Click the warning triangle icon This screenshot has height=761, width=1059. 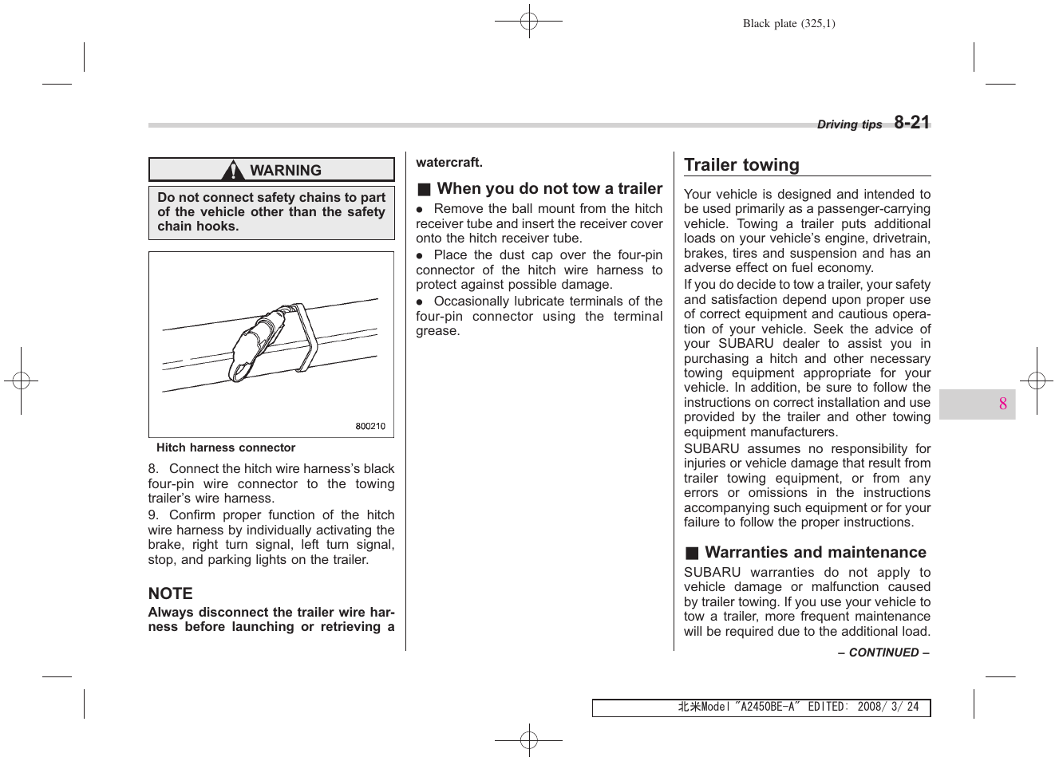click(233, 170)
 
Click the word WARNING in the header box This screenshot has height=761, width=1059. click(285, 170)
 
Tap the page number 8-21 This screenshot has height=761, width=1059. click(911, 122)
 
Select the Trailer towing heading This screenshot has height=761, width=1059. click(741, 165)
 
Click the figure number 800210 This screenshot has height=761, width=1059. click(370, 426)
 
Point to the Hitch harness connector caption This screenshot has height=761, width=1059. click(226, 448)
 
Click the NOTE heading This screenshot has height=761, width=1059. click(170, 593)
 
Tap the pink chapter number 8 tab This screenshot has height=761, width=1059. click(1002, 404)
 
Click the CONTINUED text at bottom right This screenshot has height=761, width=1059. click(883, 653)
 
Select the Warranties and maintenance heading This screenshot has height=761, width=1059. click(816, 552)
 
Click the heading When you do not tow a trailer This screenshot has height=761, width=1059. click(550, 188)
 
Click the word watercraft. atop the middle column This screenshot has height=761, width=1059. click(449, 163)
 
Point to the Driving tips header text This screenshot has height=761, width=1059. click(849, 124)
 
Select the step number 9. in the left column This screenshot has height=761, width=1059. click(153, 515)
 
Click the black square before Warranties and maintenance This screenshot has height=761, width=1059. click(692, 553)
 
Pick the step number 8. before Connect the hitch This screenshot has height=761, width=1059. click(153, 469)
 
